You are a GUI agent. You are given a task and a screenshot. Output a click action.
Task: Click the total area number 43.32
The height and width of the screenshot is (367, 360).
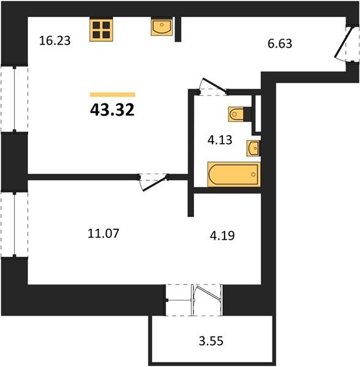[112, 109]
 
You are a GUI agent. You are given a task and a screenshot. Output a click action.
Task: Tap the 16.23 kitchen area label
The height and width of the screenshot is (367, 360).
[55, 40]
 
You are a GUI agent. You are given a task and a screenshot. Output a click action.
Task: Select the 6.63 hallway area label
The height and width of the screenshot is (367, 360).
[280, 43]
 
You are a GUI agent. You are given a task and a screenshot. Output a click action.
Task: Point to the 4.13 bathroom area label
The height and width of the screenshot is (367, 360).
[220, 140]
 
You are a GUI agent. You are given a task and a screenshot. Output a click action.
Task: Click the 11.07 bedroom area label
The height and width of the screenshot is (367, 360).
[103, 234]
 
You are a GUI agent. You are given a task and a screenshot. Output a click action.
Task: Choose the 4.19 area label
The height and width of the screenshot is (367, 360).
[222, 235]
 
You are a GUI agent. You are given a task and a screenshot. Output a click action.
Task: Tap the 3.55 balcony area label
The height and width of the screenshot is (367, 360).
[211, 341]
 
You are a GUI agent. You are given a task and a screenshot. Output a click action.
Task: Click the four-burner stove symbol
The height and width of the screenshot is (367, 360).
[101, 30]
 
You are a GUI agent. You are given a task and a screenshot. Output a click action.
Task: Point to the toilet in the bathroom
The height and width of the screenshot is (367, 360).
[239, 114]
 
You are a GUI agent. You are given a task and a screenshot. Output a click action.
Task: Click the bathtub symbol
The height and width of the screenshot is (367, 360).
[234, 174]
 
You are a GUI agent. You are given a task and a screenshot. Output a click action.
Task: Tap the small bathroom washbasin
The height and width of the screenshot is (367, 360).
[253, 148]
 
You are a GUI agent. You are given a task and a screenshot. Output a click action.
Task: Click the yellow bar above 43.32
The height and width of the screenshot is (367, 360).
[113, 95]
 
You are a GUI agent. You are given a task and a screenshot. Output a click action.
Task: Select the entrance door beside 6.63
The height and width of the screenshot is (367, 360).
[344, 43]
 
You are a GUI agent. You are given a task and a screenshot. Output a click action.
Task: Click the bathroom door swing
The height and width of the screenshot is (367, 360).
[213, 86]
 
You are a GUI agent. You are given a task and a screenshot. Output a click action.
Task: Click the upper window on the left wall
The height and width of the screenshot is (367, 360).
[15, 99]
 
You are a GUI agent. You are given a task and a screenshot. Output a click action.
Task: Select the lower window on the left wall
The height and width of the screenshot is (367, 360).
[15, 224]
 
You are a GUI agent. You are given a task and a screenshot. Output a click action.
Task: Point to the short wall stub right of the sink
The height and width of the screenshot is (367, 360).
[178, 29]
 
